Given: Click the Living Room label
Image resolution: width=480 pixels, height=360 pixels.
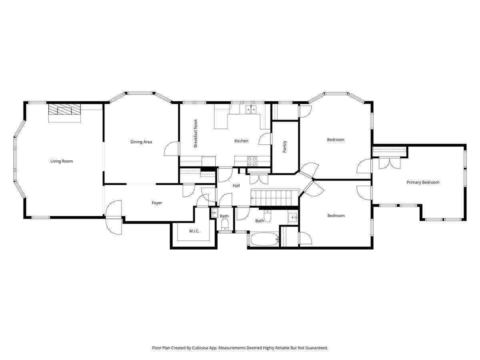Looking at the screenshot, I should click(x=62, y=161).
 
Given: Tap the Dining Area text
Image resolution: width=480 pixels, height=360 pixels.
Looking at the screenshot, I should click(x=141, y=142).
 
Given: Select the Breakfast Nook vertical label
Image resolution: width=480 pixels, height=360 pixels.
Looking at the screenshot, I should click(x=196, y=134).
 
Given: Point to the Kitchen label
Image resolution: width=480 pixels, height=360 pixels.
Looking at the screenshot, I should click(x=241, y=141).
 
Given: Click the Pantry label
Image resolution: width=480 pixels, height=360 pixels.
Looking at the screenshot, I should click(x=285, y=147).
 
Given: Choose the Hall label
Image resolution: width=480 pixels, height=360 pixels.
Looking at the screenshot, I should click(x=236, y=186).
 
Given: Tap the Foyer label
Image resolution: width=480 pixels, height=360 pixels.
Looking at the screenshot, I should click(x=157, y=203).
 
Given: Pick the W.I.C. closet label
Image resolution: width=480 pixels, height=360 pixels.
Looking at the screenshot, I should click(x=194, y=231).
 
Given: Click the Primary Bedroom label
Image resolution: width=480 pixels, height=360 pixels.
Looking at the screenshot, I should click(x=423, y=182).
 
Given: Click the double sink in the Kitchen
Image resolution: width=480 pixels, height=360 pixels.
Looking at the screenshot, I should click(x=251, y=109).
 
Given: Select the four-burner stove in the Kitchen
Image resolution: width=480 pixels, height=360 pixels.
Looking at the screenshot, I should click(x=252, y=161).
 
